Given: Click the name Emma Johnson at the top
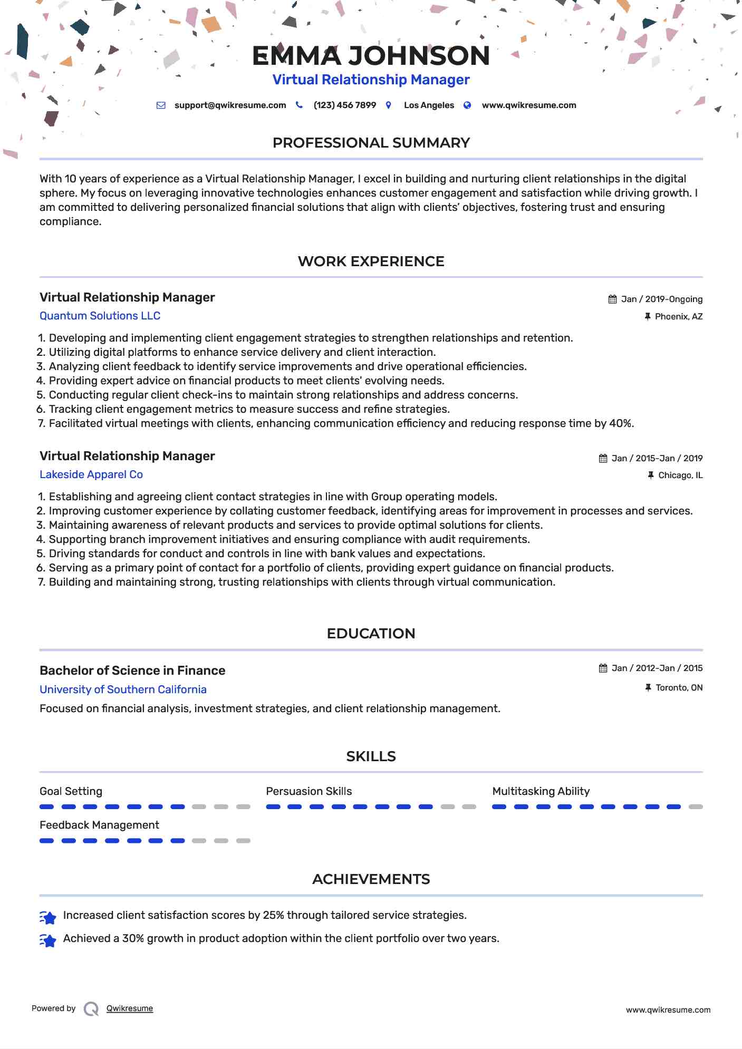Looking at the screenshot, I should [371, 56].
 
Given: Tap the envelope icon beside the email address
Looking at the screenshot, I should [161, 105].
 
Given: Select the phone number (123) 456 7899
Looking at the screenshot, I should [344, 105].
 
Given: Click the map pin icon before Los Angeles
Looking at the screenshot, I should [389, 105].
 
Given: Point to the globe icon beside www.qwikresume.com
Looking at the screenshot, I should [467, 105].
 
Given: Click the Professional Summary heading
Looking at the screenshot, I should [371, 143].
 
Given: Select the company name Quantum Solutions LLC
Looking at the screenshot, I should [100, 316].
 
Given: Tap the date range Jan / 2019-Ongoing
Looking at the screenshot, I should [661, 299].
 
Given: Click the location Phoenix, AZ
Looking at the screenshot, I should [678, 317].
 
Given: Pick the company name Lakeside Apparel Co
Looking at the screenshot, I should [91, 474].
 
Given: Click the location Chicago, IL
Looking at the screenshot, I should [680, 475].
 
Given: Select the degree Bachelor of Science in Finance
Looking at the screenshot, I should [132, 671].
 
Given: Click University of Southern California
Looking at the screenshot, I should [123, 689].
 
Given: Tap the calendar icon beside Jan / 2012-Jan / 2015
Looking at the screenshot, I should [603, 668].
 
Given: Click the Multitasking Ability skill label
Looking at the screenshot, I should [541, 791].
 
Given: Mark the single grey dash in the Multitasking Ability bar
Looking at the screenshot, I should [696, 807].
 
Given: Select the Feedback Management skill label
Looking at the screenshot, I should [99, 825].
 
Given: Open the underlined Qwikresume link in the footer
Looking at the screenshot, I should [129, 1008].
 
